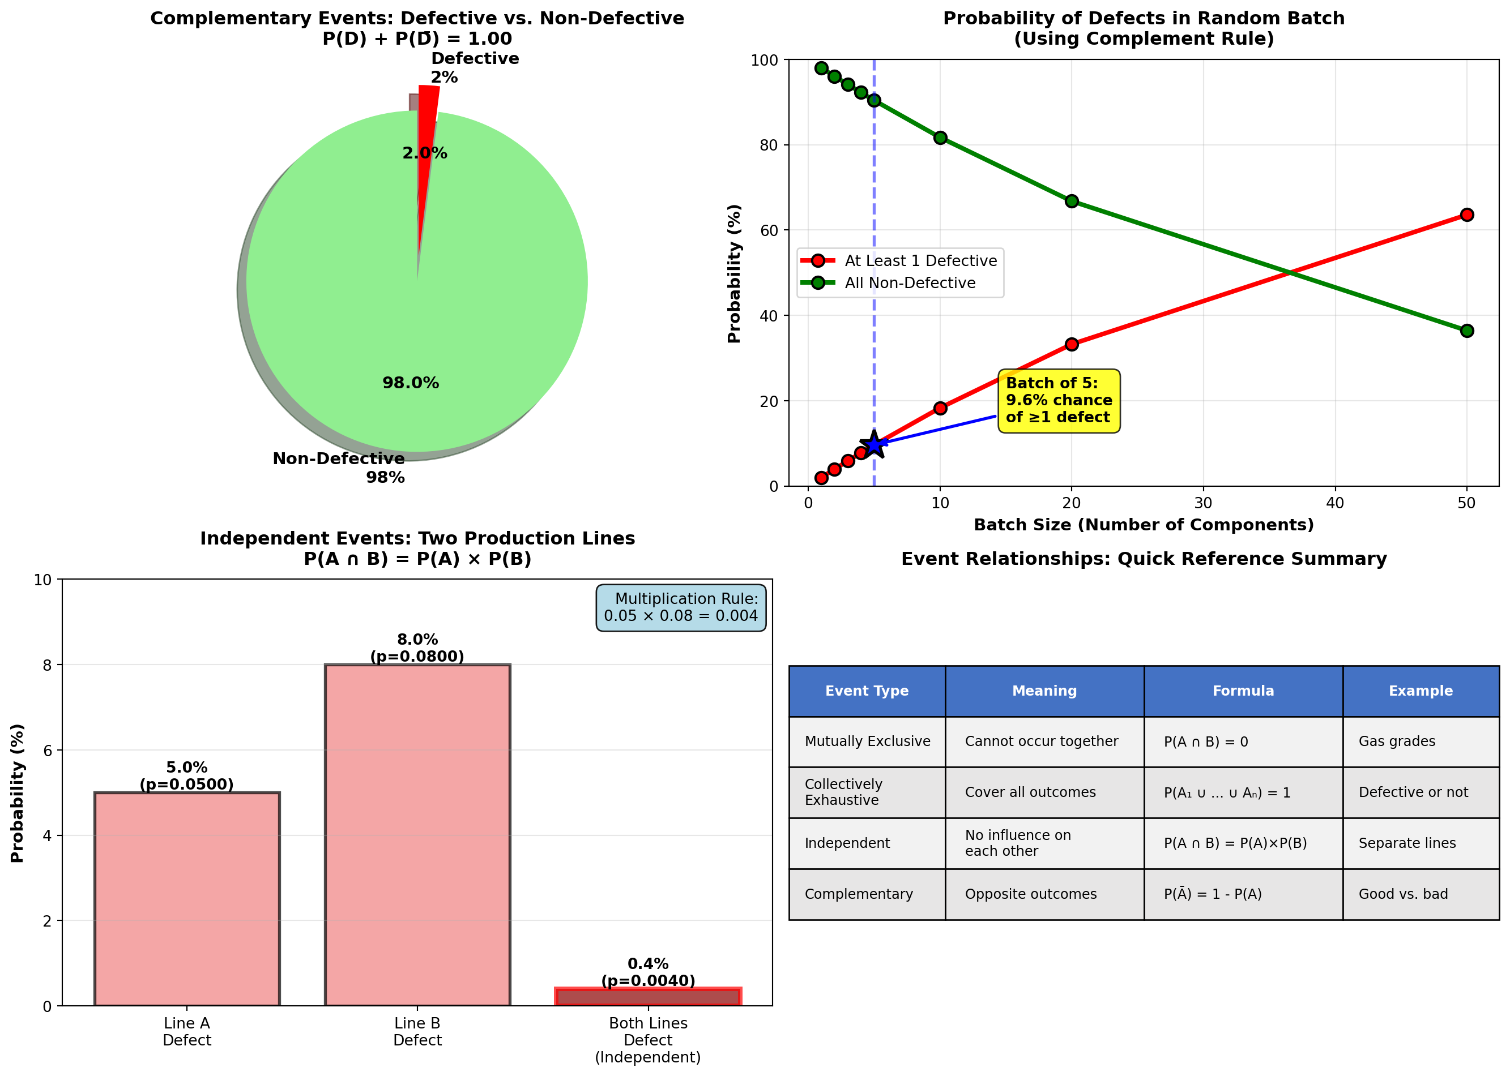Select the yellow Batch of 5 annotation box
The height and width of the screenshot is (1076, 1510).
1058,401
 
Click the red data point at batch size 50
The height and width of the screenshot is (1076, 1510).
1466,215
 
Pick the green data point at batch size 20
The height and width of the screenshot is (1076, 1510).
1071,202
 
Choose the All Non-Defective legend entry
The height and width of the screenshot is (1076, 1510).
910,283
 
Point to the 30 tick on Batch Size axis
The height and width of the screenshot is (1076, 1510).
1202,503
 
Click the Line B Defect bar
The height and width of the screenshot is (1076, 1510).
417,835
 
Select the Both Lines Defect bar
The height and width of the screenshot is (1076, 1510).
647,997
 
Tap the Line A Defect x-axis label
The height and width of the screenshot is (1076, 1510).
187,1032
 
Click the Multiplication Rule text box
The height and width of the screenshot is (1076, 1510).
681,607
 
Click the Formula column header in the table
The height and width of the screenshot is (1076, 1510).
1243,691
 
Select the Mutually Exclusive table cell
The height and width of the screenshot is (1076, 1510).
867,741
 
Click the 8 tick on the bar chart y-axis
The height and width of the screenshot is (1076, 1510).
47,665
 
